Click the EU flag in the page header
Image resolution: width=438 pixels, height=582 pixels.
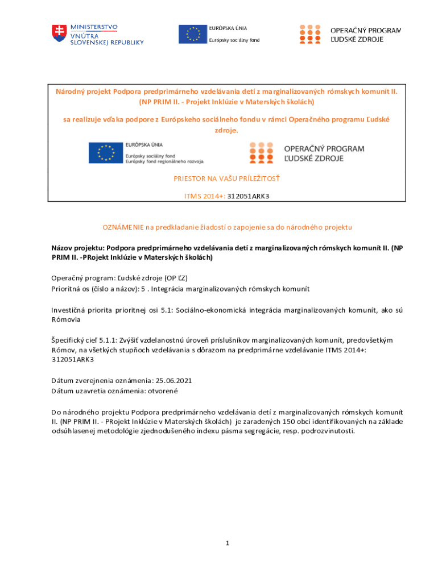point(193,34)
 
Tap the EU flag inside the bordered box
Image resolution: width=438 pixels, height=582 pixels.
point(106,153)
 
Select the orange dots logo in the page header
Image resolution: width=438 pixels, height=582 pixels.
point(310,34)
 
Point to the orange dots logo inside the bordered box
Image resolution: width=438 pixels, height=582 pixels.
point(261,152)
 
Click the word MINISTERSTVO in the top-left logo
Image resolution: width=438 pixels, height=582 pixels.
point(94,27)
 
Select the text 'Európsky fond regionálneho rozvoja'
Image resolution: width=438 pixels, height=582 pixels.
point(164,161)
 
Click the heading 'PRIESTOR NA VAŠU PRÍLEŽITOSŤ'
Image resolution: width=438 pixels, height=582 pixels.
point(226,178)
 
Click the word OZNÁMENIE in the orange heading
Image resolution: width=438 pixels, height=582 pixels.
point(123,227)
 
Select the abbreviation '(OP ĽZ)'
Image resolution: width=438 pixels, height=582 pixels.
point(175,278)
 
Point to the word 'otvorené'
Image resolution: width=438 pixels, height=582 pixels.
point(164,391)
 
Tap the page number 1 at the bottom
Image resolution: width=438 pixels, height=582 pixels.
point(227,543)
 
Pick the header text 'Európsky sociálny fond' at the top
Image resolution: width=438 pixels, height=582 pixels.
point(234,40)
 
